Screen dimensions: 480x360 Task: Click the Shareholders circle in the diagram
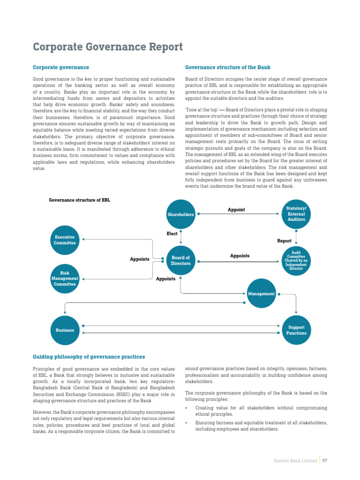tap(180, 214)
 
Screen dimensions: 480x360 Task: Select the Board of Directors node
tap(180, 261)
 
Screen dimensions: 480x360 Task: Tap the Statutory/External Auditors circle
tap(296, 214)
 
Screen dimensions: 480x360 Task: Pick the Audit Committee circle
tap(296, 261)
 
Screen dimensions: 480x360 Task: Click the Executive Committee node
tap(65, 240)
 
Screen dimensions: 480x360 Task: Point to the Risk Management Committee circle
tap(65, 278)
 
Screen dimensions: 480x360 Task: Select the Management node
tap(262, 294)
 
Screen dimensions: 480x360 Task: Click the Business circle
tap(65, 330)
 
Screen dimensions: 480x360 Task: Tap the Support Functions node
tap(296, 330)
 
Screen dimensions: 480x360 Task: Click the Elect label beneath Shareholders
tap(172, 233)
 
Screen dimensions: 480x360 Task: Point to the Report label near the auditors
tap(284, 241)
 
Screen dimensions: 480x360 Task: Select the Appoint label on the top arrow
tap(236, 210)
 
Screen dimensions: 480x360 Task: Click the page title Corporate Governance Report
tap(108, 47)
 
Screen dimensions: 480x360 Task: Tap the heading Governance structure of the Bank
tap(228, 67)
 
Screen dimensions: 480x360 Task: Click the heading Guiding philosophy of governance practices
tap(89, 357)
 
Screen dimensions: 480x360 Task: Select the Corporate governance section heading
tap(60, 67)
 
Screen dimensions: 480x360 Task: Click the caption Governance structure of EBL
tap(80, 200)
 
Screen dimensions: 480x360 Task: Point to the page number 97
tap(324, 461)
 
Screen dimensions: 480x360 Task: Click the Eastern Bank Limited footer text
tap(295, 461)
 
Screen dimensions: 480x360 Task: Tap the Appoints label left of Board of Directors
tap(140, 259)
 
